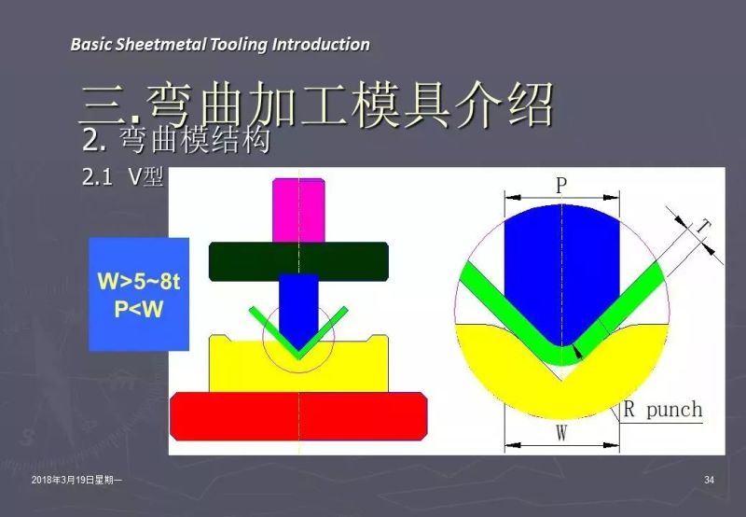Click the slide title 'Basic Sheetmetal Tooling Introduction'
(x=220, y=44)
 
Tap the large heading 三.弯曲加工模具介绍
(x=317, y=104)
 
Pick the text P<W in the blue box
(x=139, y=310)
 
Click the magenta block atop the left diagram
(x=299, y=208)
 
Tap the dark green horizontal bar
(x=298, y=260)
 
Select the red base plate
(x=298, y=415)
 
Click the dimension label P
(x=561, y=185)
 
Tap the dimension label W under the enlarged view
(x=561, y=433)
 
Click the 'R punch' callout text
(x=662, y=409)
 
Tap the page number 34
(x=710, y=480)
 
